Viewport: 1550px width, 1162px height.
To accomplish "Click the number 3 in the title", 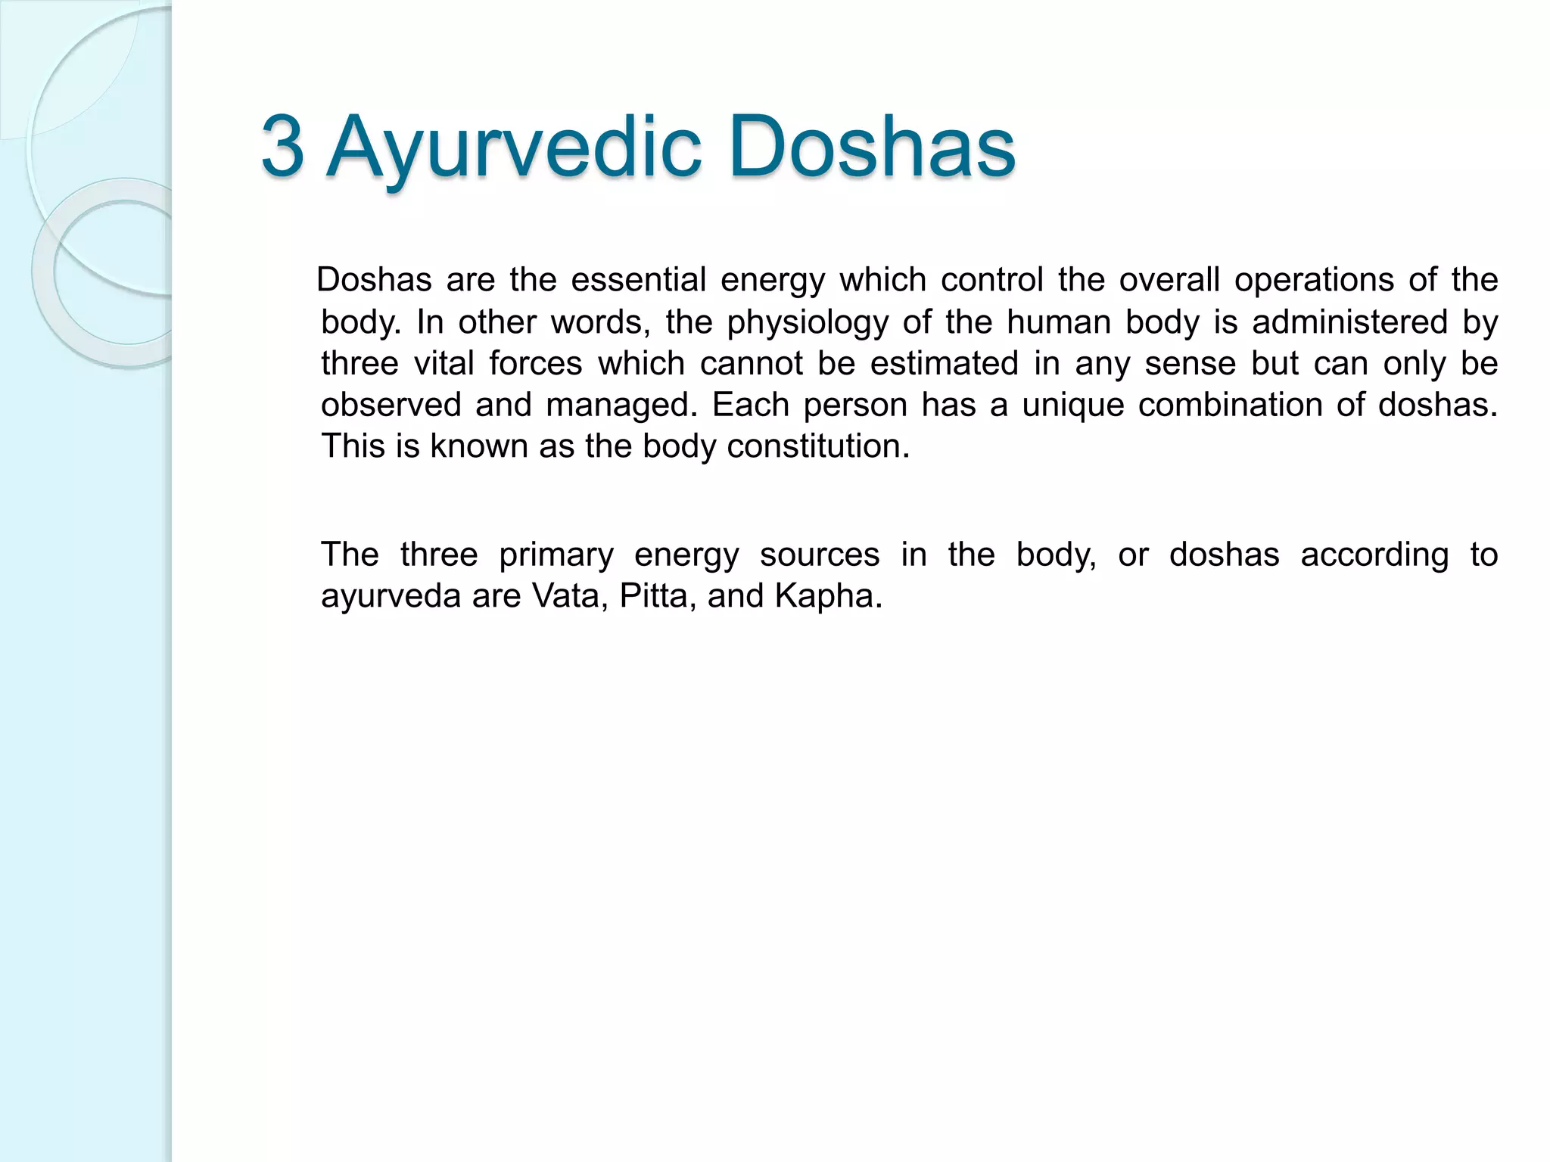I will point(283,147).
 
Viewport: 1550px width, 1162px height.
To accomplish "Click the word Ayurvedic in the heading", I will point(514,147).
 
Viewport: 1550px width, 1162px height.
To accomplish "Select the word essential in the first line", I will point(638,280).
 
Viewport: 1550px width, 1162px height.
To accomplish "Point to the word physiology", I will point(807,322).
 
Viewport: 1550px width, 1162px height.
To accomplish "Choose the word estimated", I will point(944,363).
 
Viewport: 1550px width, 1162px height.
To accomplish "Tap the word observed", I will point(391,405).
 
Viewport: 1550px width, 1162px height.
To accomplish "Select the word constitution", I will point(817,446).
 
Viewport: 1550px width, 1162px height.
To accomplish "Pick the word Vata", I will point(571,596).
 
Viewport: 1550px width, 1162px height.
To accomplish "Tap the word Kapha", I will point(828,596).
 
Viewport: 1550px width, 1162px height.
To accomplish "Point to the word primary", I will point(556,555).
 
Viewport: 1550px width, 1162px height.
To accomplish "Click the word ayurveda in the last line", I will point(391,596).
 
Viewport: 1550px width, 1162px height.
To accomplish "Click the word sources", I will point(819,555).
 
